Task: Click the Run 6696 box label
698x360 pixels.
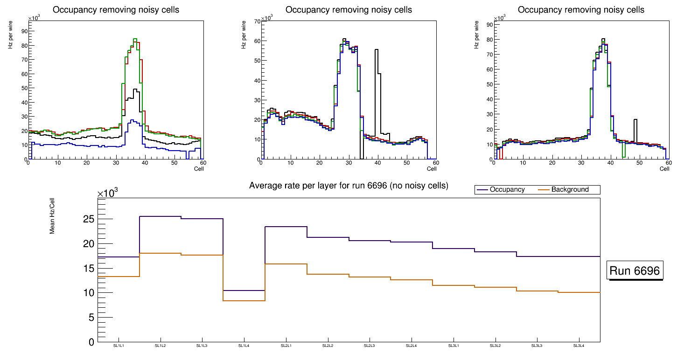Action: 635,271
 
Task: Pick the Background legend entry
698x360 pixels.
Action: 570,190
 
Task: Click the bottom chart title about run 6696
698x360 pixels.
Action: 349,186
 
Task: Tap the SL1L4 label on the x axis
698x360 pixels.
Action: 244,346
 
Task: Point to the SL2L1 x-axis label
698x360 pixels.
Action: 286,346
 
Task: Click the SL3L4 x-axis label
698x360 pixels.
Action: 579,346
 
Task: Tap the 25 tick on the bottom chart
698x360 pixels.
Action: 88,219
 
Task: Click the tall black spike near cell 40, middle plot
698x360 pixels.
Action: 377,50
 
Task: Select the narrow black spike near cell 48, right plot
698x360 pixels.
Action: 635,120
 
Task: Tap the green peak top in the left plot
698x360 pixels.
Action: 134,39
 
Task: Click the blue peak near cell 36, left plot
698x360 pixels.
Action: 133,120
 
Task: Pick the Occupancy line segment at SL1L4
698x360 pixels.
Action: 244,291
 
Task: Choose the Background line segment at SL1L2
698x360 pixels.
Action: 161,253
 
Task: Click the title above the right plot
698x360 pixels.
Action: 581,10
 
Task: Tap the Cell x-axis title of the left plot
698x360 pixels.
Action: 199,168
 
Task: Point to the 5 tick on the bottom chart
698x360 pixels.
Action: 91,318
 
